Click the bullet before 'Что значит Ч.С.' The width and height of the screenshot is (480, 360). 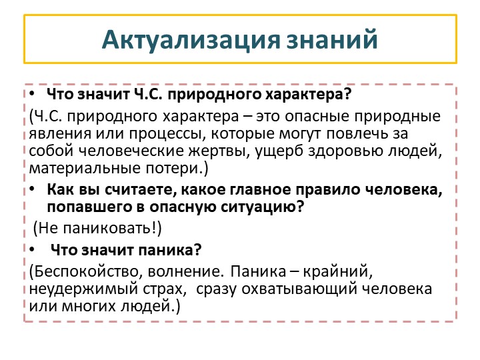pos(34,93)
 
